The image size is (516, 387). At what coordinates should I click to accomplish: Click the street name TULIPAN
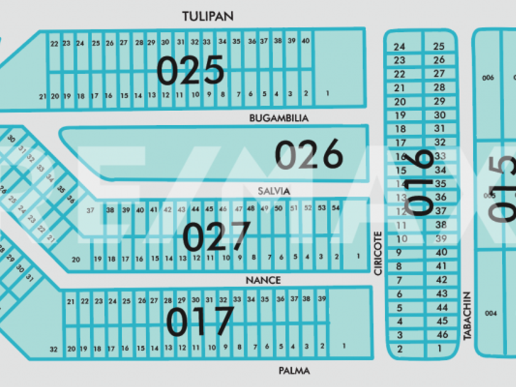pos(208,16)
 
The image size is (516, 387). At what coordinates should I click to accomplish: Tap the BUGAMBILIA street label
pos(279,117)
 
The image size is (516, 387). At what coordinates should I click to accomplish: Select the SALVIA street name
pos(274,191)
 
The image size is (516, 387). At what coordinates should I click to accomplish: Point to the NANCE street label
pos(263,280)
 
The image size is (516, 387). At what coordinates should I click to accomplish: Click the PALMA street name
pos(294,370)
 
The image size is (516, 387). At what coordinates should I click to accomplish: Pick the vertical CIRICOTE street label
pos(378,252)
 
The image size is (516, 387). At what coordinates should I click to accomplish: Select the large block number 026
pos(308,154)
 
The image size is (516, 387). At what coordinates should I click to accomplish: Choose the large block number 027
pos(217,237)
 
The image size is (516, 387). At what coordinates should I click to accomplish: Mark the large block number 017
pos(201,321)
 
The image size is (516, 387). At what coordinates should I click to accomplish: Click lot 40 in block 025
pos(305,41)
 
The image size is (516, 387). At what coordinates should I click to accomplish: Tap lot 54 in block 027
pos(335,208)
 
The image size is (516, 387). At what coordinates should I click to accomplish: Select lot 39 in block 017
pos(322,299)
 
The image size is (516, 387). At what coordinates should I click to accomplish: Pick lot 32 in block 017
pos(53,349)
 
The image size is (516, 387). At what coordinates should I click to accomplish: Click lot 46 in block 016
pos(442,335)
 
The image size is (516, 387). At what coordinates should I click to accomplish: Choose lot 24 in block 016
pos(400,47)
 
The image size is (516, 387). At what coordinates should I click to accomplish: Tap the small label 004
pos(490,313)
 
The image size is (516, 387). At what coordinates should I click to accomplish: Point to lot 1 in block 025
pos(327,93)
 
